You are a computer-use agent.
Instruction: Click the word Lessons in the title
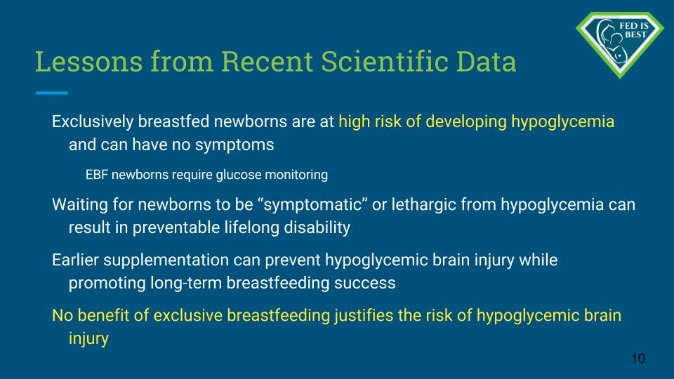pos(89,62)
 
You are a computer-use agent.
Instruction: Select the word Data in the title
pos(486,62)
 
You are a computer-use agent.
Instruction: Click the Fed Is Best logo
pos(620,45)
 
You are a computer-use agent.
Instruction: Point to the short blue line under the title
pos(51,93)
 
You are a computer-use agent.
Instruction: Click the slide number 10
pos(638,359)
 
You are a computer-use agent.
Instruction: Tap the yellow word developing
pos(466,122)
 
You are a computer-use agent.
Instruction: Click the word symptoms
pos(234,145)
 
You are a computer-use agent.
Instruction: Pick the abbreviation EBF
pos(95,175)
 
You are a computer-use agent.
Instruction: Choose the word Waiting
pos(80,204)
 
